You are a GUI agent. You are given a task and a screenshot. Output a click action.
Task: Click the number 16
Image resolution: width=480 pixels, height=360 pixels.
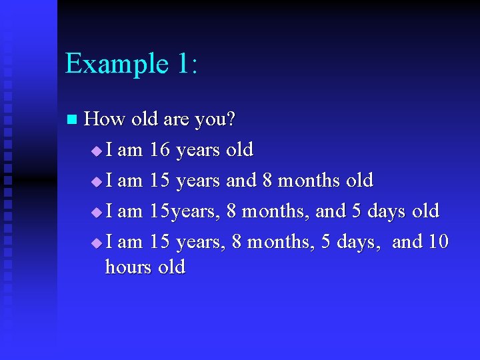[x=159, y=150]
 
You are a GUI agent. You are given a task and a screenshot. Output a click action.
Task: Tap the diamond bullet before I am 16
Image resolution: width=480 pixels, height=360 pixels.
[x=97, y=151]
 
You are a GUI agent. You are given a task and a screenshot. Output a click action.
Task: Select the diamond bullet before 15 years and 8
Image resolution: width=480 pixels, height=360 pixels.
[x=97, y=181]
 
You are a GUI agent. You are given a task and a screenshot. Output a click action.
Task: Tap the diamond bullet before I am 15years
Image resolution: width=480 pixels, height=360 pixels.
[x=97, y=212]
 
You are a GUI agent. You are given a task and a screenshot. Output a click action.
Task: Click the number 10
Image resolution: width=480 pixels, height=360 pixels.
[x=438, y=241]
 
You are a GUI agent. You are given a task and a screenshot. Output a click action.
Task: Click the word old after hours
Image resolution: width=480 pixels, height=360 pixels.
[x=171, y=267]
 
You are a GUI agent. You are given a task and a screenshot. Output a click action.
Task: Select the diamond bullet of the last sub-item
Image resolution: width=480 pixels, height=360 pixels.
[x=97, y=243]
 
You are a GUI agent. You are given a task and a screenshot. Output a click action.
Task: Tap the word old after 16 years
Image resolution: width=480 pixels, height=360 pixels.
[x=239, y=150]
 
